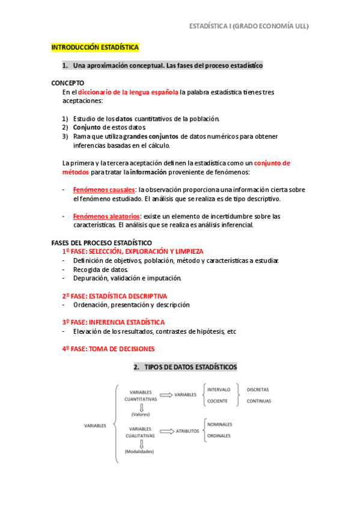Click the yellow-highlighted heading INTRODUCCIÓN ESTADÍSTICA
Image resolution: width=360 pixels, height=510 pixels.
(95, 47)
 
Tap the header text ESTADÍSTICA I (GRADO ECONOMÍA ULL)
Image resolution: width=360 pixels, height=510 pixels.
(249, 26)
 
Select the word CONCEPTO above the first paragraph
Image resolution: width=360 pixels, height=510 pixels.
(68, 83)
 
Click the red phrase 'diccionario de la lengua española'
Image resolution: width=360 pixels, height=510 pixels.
(128, 92)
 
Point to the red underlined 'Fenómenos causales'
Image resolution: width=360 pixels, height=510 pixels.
(104, 189)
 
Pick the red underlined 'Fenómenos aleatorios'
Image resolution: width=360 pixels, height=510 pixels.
(106, 216)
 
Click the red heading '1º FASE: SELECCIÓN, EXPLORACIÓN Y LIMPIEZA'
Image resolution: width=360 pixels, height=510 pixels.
(132, 251)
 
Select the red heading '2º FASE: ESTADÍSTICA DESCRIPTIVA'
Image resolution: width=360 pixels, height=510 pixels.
(114, 296)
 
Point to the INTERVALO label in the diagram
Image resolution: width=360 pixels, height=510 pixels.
(219, 390)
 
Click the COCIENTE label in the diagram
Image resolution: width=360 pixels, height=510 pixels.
(218, 401)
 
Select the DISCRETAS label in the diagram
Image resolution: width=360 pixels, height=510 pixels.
(258, 390)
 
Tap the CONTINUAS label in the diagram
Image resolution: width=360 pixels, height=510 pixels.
(259, 401)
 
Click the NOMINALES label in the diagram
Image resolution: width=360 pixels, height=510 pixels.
(220, 425)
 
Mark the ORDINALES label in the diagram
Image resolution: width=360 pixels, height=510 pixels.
(219, 437)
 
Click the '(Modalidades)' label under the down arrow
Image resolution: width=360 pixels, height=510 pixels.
(139, 452)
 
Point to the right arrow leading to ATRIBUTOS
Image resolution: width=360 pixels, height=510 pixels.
(165, 431)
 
